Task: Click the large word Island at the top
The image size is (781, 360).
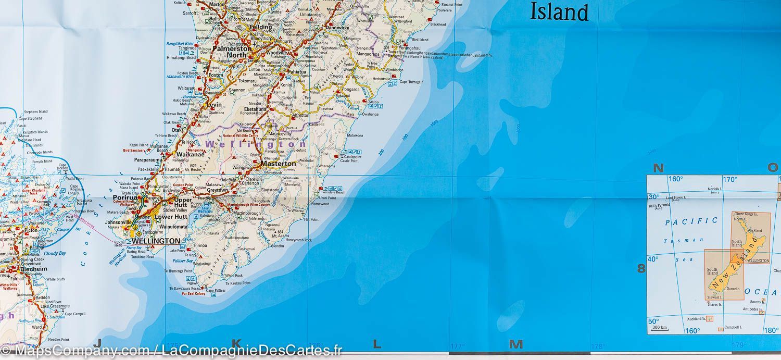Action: (x=559, y=11)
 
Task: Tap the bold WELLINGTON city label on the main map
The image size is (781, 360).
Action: (x=156, y=241)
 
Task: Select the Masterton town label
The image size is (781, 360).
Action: (x=278, y=164)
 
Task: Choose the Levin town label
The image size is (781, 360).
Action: (x=214, y=105)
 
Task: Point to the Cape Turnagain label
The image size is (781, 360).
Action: (x=411, y=82)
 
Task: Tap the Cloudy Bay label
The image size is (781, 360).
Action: (x=55, y=253)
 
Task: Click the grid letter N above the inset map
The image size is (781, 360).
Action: (x=659, y=168)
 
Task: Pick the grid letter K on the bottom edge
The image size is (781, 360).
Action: (x=236, y=343)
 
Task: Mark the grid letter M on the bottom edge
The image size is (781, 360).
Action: (x=515, y=344)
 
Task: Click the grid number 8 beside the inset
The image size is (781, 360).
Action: (x=641, y=269)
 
